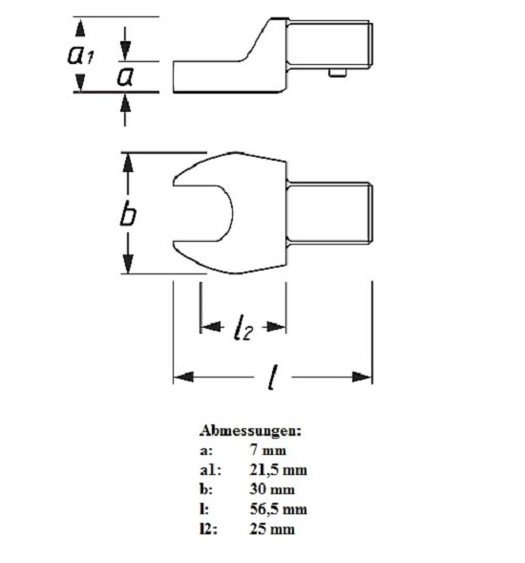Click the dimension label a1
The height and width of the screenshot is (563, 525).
[x=81, y=55]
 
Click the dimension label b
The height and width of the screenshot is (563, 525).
[x=128, y=214]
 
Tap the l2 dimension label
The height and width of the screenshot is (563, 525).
[x=243, y=327]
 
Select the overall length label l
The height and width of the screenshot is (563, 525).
[x=273, y=377]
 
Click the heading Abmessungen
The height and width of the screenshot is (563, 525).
[x=251, y=430]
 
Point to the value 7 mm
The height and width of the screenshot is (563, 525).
[x=268, y=450]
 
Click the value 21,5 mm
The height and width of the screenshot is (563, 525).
[x=279, y=469]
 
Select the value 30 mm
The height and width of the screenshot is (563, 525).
[x=272, y=489]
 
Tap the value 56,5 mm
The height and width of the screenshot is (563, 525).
[x=279, y=509]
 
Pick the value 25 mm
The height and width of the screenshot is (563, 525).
[x=272, y=529]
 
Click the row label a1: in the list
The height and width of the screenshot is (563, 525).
[x=211, y=470]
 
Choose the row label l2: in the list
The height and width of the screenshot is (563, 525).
[x=208, y=530]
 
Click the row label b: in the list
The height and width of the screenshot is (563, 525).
[x=206, y=489]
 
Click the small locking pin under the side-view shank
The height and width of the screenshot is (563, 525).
[x=338, y=74]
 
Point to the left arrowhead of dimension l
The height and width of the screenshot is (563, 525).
[x=183, y=377]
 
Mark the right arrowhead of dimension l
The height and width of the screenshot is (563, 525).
[x=362, y=377]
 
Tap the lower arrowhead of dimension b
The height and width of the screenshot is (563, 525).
[x=128, y=264]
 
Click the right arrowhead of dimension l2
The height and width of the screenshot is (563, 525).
[x=276, y=327]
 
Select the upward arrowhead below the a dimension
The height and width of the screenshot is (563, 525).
[x=125, y=103]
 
